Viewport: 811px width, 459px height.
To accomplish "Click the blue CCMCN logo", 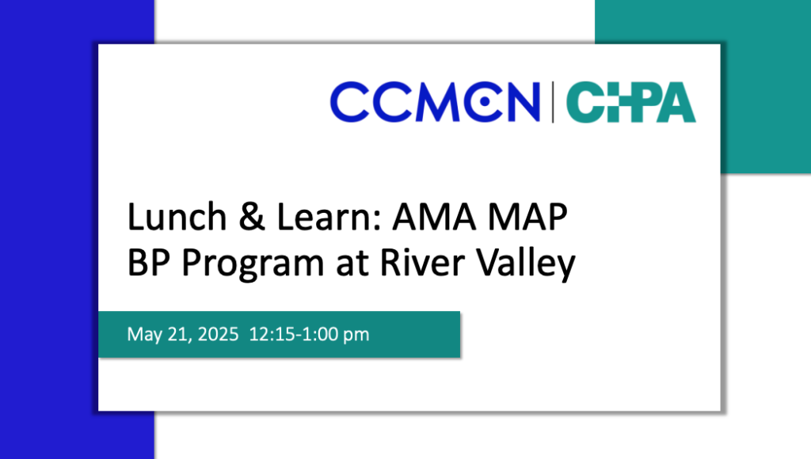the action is [x=435, y=102].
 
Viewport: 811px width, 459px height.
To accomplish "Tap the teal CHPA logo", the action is [x=631, y=102].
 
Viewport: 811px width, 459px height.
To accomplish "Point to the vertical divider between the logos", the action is [x=553, y=102].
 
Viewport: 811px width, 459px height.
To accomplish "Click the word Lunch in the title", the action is [x=177, y=217].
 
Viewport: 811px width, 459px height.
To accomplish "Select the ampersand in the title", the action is [x=252, y=217].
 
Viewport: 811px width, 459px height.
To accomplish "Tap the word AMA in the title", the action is [x=434, y=217].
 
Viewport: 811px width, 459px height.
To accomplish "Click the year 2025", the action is [x=218, y=334].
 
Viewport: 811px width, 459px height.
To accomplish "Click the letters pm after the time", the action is [x=356, y=336].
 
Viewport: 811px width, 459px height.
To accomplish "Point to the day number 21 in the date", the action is [x=178, y=335].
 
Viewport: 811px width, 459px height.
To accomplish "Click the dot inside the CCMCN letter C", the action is [x=484, y=102].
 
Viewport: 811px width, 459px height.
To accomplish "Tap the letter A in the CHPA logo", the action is [x=675, y=102].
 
